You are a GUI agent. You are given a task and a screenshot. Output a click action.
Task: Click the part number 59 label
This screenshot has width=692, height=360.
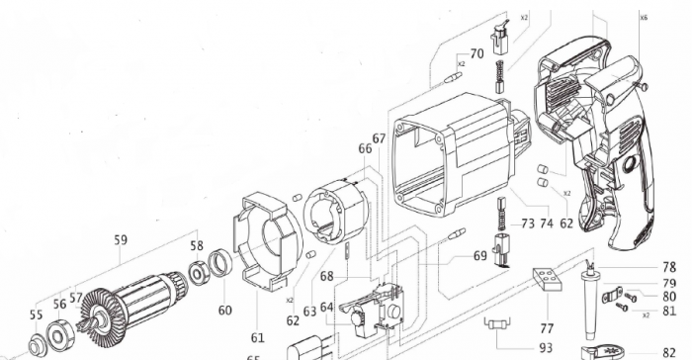(121, 238)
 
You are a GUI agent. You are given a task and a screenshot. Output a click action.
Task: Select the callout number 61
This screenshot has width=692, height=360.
(258, 311)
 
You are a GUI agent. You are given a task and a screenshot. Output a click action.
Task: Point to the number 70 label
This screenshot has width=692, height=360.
(476, 54)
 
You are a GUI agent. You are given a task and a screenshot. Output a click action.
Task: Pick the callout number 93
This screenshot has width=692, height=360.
(546, 346)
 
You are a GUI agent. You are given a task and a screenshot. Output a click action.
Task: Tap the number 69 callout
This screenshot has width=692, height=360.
(480, 256)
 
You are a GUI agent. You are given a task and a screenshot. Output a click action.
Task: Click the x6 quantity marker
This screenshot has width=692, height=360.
(644, 18)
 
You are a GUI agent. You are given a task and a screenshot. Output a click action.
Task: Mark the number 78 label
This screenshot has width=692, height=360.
(670, 266)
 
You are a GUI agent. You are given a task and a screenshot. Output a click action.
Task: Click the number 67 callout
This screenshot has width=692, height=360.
(379, 138)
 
